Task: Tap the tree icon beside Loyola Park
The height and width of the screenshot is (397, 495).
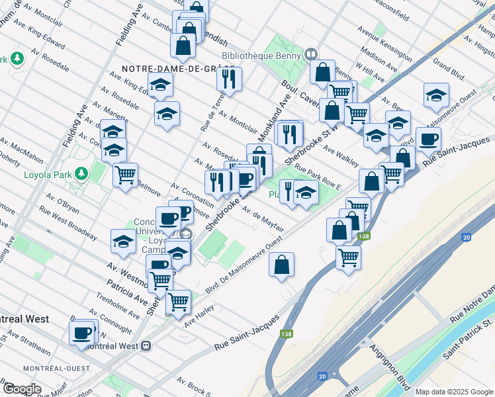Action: click(x=81, y=173)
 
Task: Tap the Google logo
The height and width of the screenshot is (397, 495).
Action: click(x=21, y=389)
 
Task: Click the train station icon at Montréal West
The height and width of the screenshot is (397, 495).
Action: click(x=146, y=346)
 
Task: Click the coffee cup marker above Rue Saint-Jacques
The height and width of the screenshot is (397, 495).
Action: click(x=428, y=140)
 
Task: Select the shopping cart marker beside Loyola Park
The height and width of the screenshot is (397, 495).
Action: click(x=125, y=175)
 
